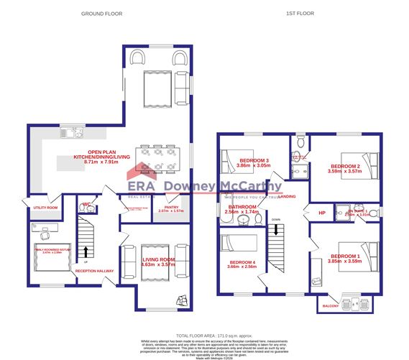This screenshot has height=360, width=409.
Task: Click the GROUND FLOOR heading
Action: pyautogui.click(x=101, y=14)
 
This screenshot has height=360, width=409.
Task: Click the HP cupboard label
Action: pyautogui.click(x=322, y=213)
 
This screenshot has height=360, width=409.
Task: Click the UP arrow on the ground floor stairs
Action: pyautogui.click(x=87, y=252)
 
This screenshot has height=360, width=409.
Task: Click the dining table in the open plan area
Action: pyautogui.click(x=155, y=161)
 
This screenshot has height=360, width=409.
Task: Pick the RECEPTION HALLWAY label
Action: pyautogui.click(x=95, y=271)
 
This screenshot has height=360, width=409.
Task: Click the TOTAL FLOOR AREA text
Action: pyautogui.click(x=204, y=336)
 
